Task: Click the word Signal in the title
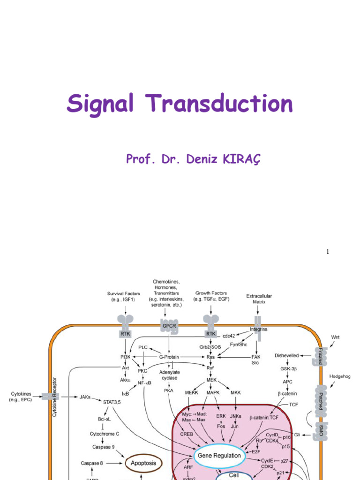[x=100, y=104]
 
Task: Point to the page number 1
[x=328, y=252]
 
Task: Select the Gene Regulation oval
[x=219, y=455]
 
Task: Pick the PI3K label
[x=126, y=357]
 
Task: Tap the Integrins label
[x=258, y=329]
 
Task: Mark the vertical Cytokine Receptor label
[x=54, y=397]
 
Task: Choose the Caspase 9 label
[x=103, y=447]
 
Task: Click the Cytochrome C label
[x=105, y=434]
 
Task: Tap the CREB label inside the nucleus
[x=187, y=434]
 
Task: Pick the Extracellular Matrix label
[x=259, y=299]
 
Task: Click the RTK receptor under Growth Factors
[x=211, y=333]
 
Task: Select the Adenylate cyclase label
[x=170, y=375]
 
